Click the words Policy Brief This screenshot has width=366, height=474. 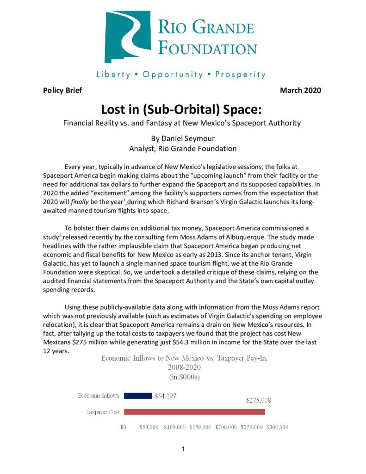[62, 90]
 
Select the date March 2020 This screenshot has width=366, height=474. [300, 90]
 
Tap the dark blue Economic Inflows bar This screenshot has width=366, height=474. [138, 396]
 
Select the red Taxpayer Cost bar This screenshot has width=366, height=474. [194, 412]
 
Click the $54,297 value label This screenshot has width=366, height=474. [165, 396]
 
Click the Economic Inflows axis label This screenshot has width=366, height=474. [98, 396]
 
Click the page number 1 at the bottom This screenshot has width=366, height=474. [183, 449]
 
